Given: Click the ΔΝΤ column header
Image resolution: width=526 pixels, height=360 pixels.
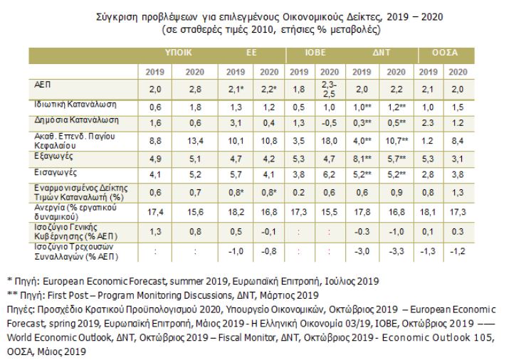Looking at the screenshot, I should click(377, 53).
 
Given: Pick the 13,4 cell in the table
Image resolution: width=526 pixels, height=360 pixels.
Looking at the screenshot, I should click(194, 141).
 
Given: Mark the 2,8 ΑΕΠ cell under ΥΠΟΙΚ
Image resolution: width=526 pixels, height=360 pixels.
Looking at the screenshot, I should click(194, 88).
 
